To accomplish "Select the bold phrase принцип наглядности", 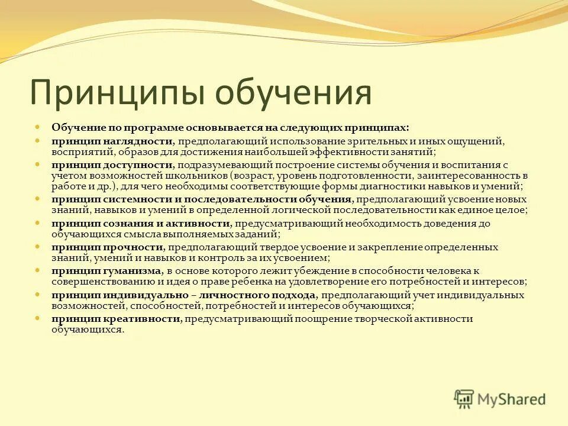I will (111, 142).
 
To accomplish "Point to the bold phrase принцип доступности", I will (112, 165).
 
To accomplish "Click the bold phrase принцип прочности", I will (106, 247).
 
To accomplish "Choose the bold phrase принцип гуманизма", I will (106, 270).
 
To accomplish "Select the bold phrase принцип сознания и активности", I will (140, 223).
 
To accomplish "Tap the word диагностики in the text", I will (388, 186).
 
